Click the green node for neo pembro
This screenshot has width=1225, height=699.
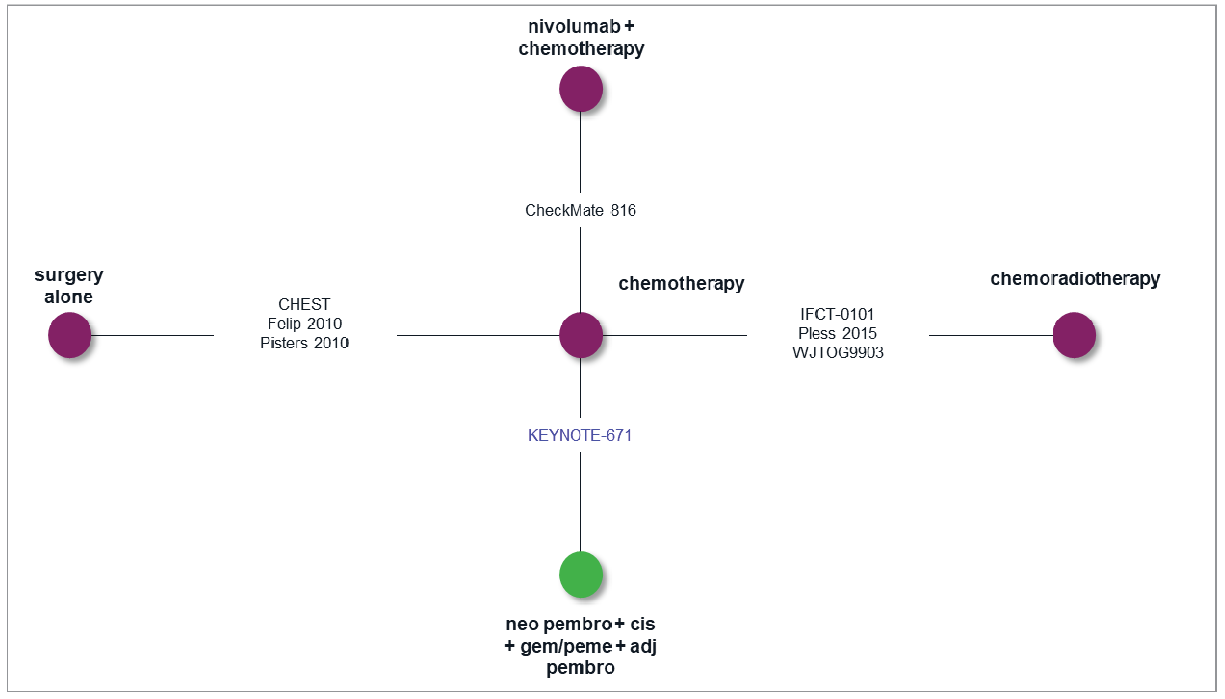[581, 574]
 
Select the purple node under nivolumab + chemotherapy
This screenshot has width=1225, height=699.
[581, 89]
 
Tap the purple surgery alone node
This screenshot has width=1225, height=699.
[70, 335]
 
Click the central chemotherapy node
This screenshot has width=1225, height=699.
[581, 335]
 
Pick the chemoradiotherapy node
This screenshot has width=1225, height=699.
[1074, 335]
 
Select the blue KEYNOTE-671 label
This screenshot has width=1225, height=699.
[579, 435]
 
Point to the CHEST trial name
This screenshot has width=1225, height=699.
[304, 304]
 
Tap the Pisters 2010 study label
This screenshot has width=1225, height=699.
[304, 343]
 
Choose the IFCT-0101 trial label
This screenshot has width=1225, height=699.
[837, 314]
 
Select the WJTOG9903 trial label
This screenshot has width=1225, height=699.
[838, 353]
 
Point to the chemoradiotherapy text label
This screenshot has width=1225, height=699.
[1075, 278]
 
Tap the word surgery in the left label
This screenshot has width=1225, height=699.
[69, 275]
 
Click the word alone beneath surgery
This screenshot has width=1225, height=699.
[69, 297]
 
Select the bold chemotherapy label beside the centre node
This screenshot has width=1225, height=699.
[681, 283]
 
